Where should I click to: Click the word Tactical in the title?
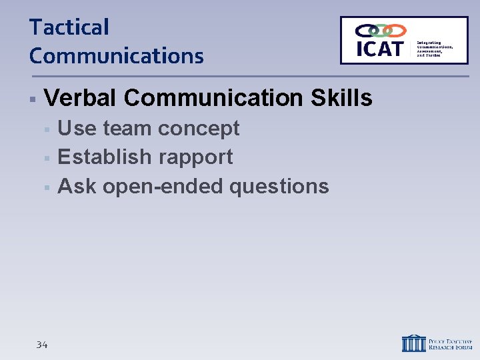pos(69,28)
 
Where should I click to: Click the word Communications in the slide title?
pos(116,56)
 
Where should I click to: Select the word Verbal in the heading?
pos(80,99)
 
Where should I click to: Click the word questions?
pos(279,187)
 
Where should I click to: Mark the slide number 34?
pos(42,345)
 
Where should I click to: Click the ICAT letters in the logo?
pos(379,49)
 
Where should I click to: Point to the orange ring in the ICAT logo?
pos(396,31)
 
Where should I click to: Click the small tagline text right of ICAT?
pos(435,48)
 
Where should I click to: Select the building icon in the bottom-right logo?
pos(413,343)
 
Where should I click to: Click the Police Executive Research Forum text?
pos(450,343)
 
